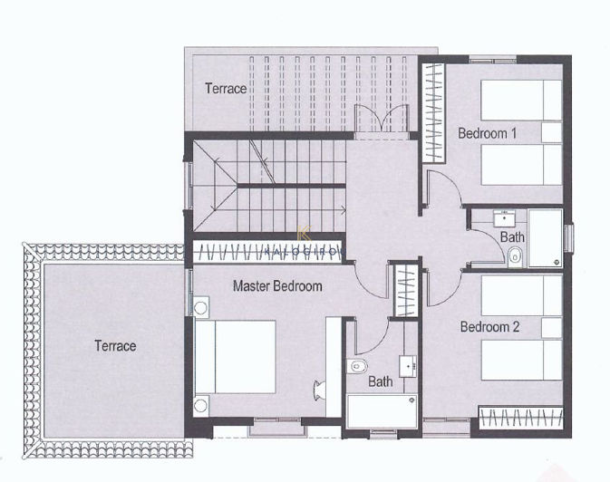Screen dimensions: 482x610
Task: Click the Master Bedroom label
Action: point(277,286)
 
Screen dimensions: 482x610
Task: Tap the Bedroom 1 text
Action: point(487,133)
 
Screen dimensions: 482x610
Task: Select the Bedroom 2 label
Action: point(489,326)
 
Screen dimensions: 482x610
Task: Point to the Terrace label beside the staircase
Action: point(225,89)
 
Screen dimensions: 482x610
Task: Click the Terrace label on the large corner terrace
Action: point(115,346)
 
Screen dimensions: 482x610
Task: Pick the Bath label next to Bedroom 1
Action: point(512,237)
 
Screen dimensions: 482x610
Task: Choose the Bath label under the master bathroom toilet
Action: point(380,381)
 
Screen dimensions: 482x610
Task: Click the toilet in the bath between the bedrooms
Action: point(516,257)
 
